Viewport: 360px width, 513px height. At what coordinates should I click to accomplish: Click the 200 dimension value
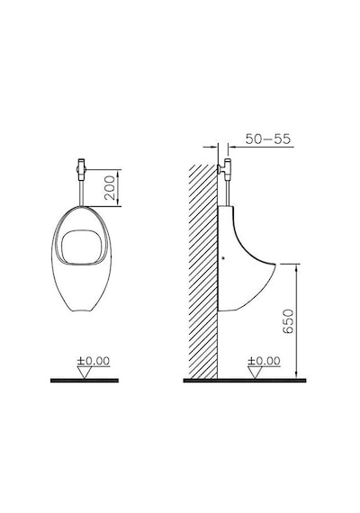point(110,188)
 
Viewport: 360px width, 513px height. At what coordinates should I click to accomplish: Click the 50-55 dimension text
point(268,139)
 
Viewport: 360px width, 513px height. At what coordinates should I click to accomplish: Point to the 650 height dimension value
point(288,321)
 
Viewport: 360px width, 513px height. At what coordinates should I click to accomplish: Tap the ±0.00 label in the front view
point(94,361)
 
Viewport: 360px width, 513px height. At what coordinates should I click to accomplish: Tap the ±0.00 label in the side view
point(264,361)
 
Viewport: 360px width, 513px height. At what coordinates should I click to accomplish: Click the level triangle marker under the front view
point(84,373)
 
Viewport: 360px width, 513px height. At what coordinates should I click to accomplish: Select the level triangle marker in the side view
point(255,373)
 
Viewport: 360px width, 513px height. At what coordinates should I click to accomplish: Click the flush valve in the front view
point(81,169)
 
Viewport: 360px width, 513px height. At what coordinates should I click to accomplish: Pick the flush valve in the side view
point(225,168)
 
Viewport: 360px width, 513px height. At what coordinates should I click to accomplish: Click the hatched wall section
point(203,272)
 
